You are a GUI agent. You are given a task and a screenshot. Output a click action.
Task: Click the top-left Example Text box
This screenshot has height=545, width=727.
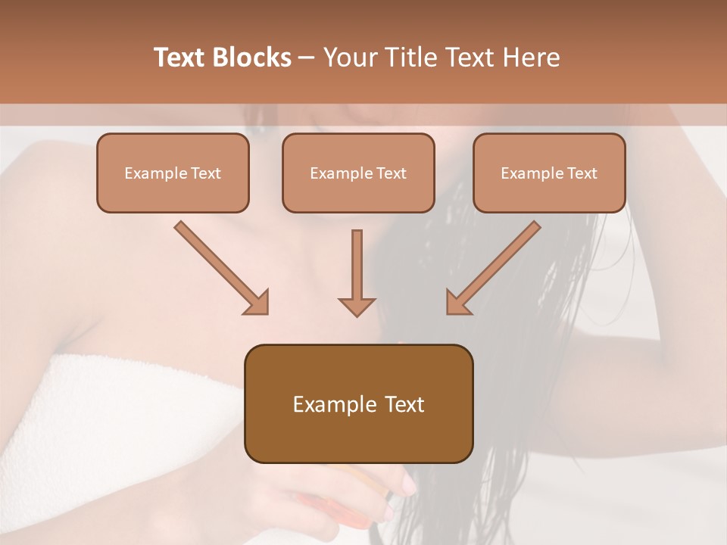[x=173, y=173]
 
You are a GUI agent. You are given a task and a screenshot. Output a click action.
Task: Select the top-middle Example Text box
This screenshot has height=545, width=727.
[x=358, y=173]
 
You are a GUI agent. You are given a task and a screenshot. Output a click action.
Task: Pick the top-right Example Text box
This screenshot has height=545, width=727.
[x=549, y=173]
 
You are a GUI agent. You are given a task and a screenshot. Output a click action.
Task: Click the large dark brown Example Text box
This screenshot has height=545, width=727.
[x=358, y=403]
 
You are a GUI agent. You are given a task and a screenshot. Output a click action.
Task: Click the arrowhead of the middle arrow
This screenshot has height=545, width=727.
[x=357, y=305]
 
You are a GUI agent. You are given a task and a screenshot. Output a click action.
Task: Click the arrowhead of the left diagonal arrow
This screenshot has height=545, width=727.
[x=257, y=302]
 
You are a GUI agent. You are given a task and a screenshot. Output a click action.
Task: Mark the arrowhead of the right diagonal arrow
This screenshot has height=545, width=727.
[x=458, y=302]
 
